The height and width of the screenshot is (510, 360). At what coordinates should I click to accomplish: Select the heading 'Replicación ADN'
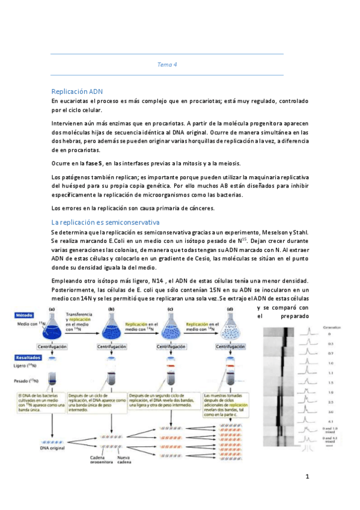[78, 91]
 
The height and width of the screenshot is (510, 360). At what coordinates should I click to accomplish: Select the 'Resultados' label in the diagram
[28, 356]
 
